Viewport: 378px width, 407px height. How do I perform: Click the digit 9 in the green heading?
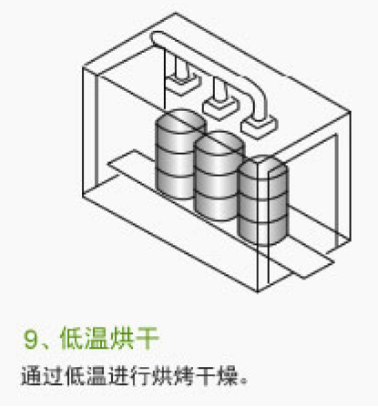pos(31,340)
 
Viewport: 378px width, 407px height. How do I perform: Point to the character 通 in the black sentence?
pos(31,376)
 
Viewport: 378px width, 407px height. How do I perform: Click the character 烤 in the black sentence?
pos(184,376)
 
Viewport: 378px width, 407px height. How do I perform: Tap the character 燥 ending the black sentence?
pos(227,376)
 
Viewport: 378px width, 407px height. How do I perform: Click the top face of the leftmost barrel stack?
pos(180,121)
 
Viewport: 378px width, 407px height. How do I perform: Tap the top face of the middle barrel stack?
pos(219,143)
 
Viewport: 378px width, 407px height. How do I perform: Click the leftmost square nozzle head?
pos(182,84)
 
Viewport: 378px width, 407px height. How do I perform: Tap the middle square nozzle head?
pos(220,107)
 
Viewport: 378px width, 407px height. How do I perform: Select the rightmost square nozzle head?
pos(260,127)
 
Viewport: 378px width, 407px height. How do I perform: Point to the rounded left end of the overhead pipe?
pos(156,39)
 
